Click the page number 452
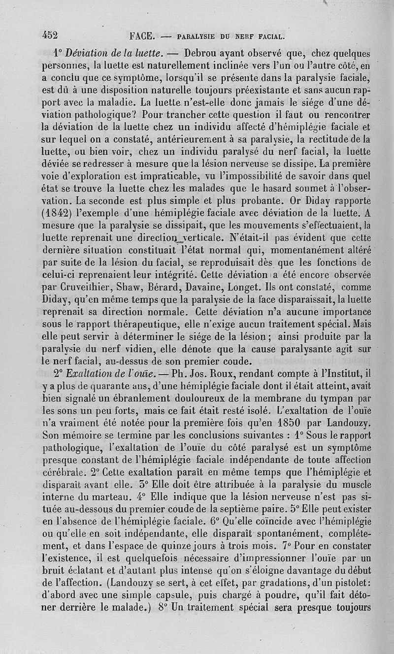coord(50,35)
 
